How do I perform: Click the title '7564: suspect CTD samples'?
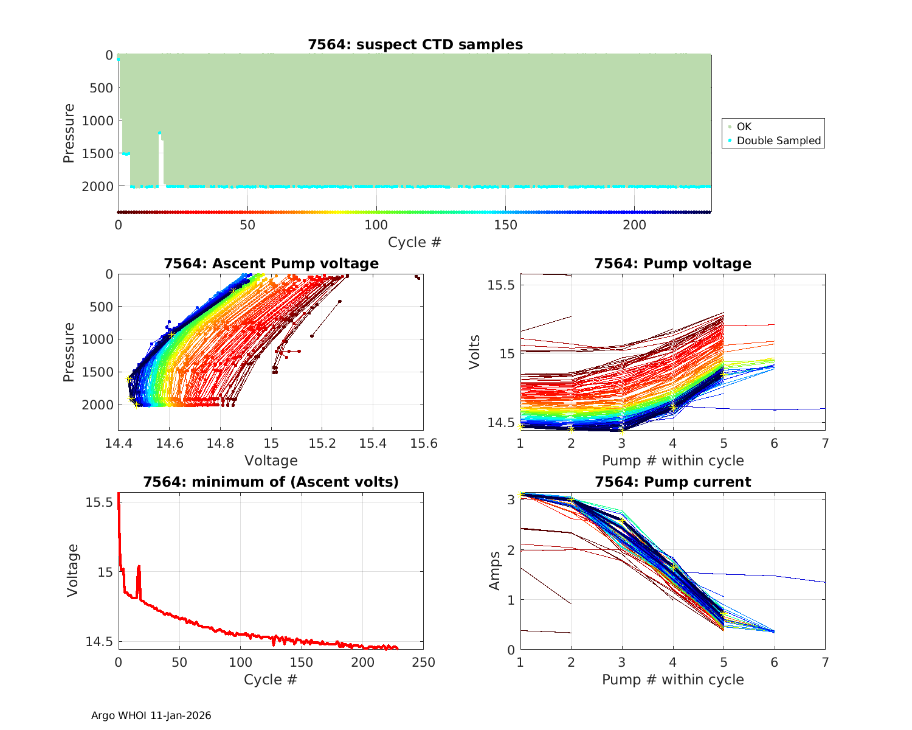415,44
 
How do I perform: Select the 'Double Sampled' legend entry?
778,141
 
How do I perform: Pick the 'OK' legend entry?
744,127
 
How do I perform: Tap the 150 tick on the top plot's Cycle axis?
505,225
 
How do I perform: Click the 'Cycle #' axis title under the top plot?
415,242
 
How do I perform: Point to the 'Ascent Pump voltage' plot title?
271,263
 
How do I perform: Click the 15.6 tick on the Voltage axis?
423,443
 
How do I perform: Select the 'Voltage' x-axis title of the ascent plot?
271,461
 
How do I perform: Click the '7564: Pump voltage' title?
672,263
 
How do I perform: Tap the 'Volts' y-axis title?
475,352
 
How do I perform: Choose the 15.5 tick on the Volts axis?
502,285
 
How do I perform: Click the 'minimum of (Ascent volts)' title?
271,482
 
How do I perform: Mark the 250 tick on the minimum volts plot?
423,662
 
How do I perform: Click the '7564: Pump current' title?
672,482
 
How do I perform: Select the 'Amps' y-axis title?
495,570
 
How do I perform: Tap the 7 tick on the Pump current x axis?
825,662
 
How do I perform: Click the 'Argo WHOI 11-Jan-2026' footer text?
151,715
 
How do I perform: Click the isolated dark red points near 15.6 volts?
417,277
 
